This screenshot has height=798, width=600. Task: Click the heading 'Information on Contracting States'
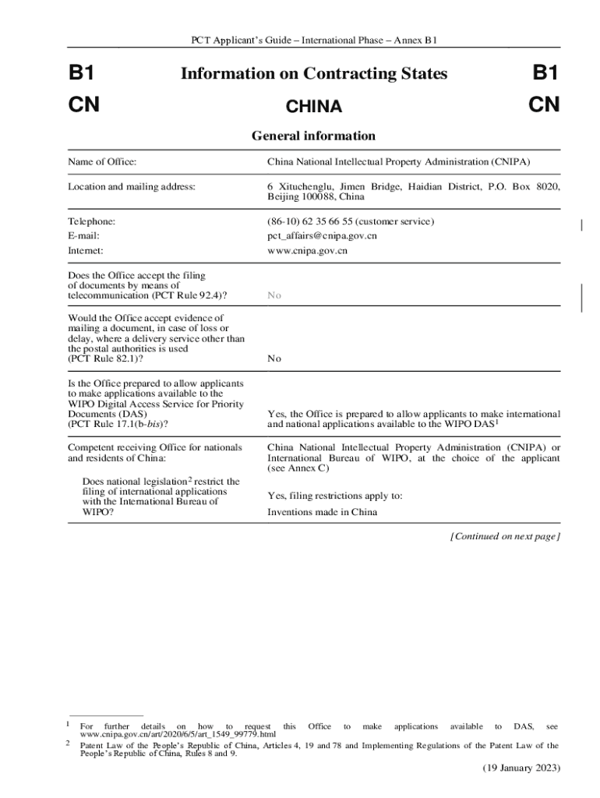[314, 74]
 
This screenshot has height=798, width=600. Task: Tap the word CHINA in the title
[314, 106]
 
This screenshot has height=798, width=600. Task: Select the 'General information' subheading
[313, 136]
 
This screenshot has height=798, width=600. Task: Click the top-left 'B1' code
[82, 74]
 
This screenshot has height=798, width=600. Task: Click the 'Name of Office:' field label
[102, 162]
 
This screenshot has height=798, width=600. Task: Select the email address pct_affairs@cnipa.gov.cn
[322, 235]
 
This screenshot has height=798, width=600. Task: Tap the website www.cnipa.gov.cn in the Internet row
[307, 251]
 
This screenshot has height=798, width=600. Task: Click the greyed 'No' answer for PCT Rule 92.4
[274, 296]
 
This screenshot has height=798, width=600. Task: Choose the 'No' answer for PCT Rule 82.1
[274, 359]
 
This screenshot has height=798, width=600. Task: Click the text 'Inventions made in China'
[322, 512]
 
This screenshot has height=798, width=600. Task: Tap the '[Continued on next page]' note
[505, 536]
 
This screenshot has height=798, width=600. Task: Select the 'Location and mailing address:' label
[131, 186]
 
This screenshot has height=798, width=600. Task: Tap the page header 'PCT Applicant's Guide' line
[314, 40]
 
